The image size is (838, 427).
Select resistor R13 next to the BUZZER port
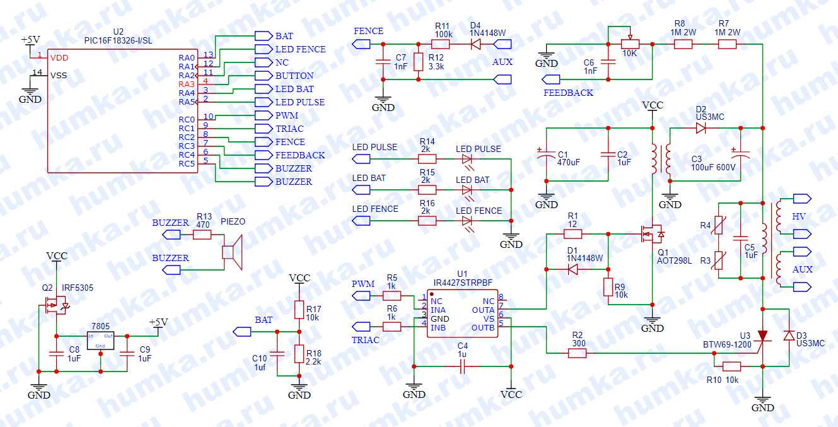202,235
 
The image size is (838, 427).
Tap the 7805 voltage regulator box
100,340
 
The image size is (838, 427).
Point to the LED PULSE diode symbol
467,159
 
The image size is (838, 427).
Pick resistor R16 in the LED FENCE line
427,220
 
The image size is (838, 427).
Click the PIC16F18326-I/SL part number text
118,40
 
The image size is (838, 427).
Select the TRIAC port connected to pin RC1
262,129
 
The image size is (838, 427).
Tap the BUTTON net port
262,76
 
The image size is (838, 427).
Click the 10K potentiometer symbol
630,44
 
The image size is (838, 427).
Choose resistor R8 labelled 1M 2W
683,44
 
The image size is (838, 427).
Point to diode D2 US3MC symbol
701,128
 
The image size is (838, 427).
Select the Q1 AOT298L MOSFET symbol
652,235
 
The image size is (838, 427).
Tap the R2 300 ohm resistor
577,353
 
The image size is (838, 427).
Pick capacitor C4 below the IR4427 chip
462,366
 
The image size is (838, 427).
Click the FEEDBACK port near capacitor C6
551,79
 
